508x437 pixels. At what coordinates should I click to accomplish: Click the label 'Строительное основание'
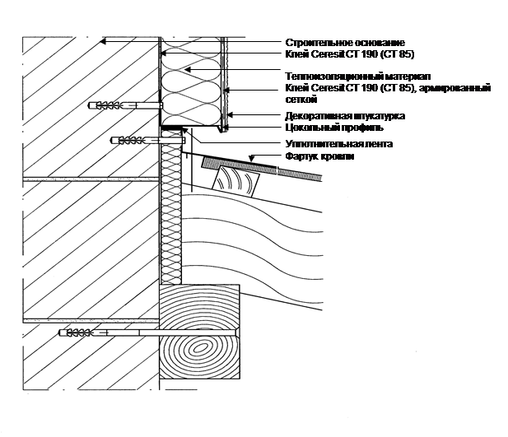345,42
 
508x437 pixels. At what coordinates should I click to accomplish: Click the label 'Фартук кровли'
319,156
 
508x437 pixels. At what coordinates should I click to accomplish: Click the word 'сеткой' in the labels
299,96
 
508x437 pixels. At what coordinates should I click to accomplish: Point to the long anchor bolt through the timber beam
148,333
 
